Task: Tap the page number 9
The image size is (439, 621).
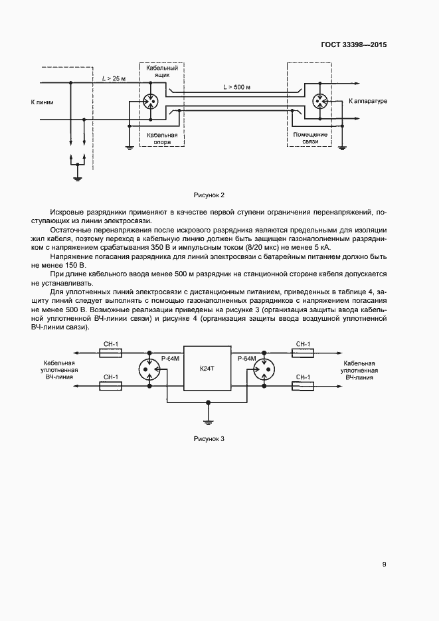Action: [384, 565]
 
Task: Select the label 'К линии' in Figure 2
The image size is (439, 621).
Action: [42, 103]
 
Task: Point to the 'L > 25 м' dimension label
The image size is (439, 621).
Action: [113, 78]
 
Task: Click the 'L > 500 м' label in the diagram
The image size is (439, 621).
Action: [236, 86]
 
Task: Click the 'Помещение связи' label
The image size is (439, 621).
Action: [306, 138]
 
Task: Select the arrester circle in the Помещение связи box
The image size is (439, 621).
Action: [321, 102]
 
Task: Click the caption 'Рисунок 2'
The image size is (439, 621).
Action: [209, 195]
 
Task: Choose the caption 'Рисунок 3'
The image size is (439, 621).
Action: [209, 439]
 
